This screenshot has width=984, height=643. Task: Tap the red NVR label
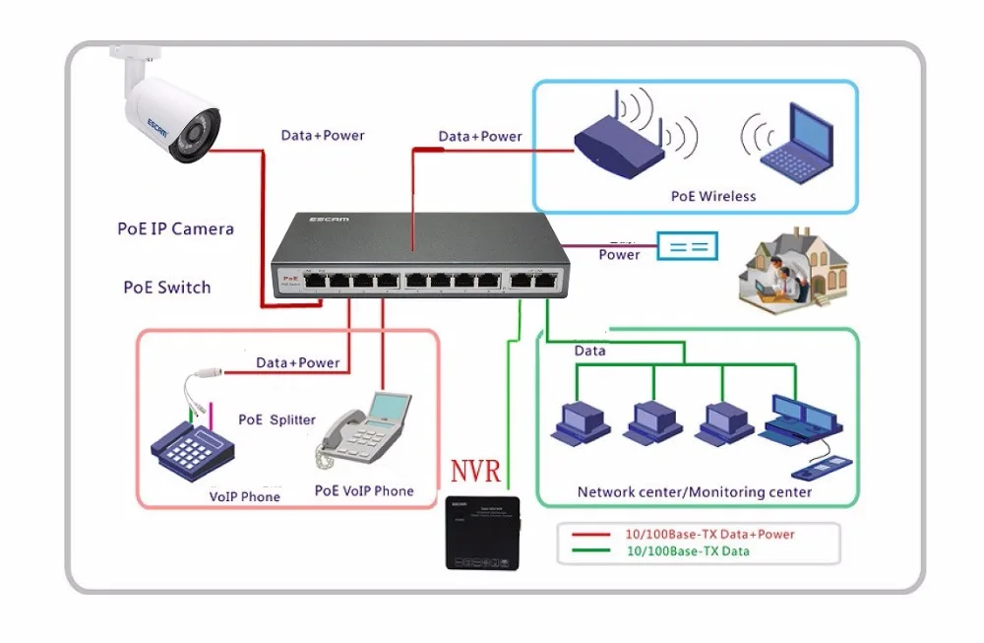tap(476, 466)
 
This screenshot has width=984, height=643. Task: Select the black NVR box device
tap(481, 531)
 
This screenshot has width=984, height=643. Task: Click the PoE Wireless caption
tap(713, 196)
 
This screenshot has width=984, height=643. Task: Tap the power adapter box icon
tap(688, 246)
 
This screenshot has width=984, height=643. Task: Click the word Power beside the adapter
tap(619, 254)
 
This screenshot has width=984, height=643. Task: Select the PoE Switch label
tap(166, 288)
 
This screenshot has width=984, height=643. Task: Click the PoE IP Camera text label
tap(175, 229)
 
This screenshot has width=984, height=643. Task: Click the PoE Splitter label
tap(277, 419)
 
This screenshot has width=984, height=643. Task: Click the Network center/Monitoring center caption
tap(695, 491)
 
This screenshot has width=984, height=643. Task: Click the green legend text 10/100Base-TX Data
tap(688, 551)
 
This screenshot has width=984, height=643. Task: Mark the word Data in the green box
tap(590, 351)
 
